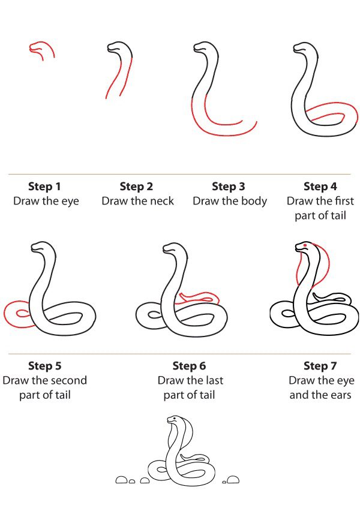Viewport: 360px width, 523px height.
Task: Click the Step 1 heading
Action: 44,187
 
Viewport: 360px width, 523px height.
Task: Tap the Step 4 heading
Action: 320,187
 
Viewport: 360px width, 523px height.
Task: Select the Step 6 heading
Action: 189,366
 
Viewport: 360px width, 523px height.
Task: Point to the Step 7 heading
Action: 320,366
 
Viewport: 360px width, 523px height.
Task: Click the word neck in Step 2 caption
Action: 161,201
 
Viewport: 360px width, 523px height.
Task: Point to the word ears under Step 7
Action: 340,395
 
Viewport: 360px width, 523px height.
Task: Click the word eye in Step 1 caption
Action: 70,202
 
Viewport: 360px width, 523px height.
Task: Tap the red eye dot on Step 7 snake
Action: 305,245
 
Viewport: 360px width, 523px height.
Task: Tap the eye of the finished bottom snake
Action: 173,418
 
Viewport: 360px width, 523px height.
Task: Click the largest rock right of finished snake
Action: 233,480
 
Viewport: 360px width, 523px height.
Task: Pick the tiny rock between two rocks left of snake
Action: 132,481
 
